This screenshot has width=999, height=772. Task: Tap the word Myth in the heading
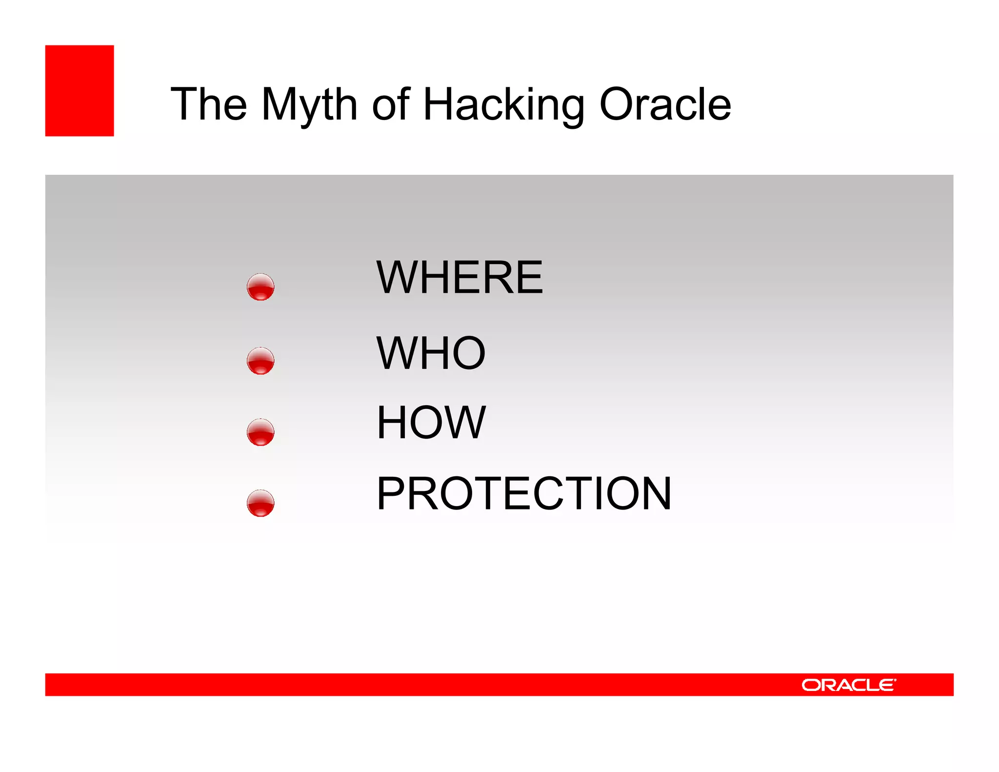tap(309, 105)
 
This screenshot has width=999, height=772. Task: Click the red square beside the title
tap(80, 91)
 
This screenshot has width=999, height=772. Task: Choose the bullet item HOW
tap(431, 423)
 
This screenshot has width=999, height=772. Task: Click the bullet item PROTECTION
tap(524, 494)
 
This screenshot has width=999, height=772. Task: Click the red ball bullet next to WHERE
tap(260, 287)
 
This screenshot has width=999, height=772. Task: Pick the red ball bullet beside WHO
tap(260, 361)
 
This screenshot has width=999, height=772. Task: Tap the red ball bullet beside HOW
tap(260, 432)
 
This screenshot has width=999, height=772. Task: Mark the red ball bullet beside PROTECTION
tap(260, 503)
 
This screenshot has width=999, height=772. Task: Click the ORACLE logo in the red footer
tap(848, 685)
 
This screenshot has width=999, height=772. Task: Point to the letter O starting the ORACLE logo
tap(811, 685)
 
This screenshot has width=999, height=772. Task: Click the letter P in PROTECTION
tap(392, 494)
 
